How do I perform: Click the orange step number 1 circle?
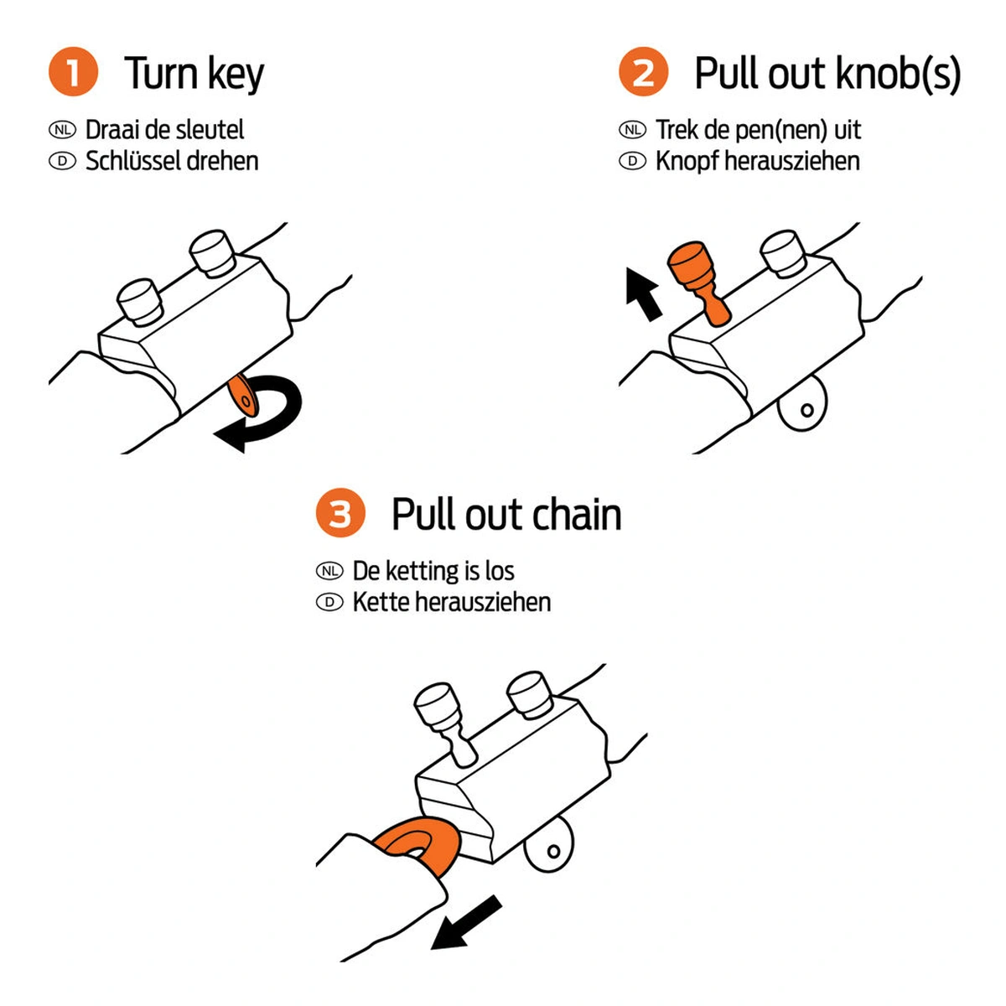click(73, 72)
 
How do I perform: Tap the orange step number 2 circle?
click(643, 72)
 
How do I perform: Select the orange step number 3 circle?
click(340, 513)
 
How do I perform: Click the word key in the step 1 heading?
click(236, 75)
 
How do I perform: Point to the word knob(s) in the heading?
click(889, 74)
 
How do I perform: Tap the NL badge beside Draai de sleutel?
click(62, 130)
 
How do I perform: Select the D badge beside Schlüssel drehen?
click(62, 161)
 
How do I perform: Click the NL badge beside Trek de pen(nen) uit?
click(632, 130)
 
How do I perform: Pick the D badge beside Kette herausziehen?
click(329, 602)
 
